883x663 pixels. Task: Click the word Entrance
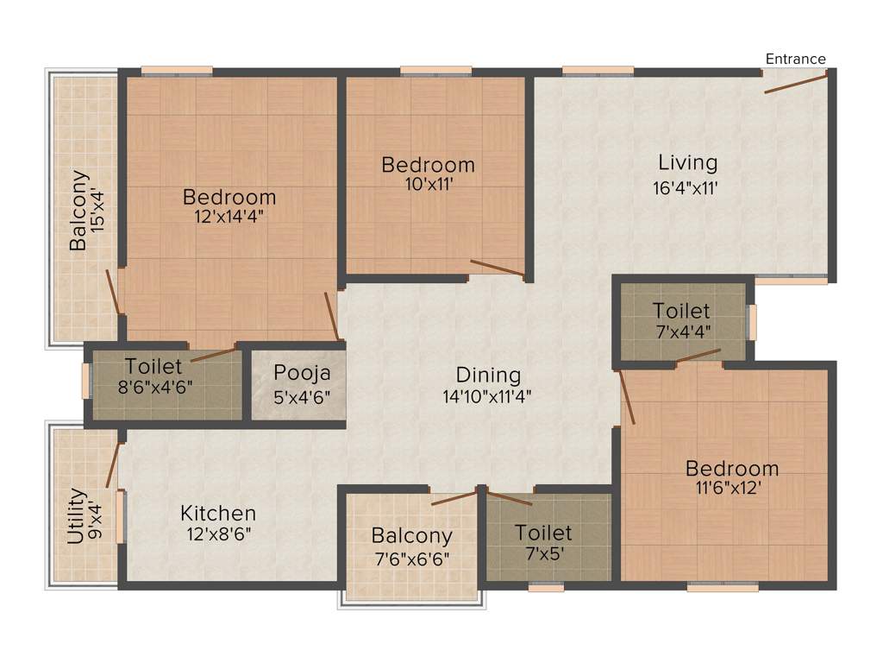pyautogui.click(x=795, y=59)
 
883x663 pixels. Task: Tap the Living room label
pyautogui.click(x=687, y=162)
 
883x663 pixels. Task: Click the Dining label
pyautogui.click(x=488, y=376)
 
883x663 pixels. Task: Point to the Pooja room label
pyautogui.click(x=297, y=374)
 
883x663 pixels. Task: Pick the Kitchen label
pyautogui.click(x=218, y=514)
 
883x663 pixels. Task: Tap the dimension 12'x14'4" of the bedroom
pyautogui.click(x=229, y=217)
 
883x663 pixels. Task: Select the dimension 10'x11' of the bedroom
pyautogui.click(x=429, y=183)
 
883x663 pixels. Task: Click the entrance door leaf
pyautogui.click(x=795, y=83)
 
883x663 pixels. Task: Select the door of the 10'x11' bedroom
pyautogui.click(x=498, y=268)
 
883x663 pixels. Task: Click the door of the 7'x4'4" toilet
pyautogui.click(x=698, y=356)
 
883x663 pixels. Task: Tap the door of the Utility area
pyautogui.click(x=111, y=466)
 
